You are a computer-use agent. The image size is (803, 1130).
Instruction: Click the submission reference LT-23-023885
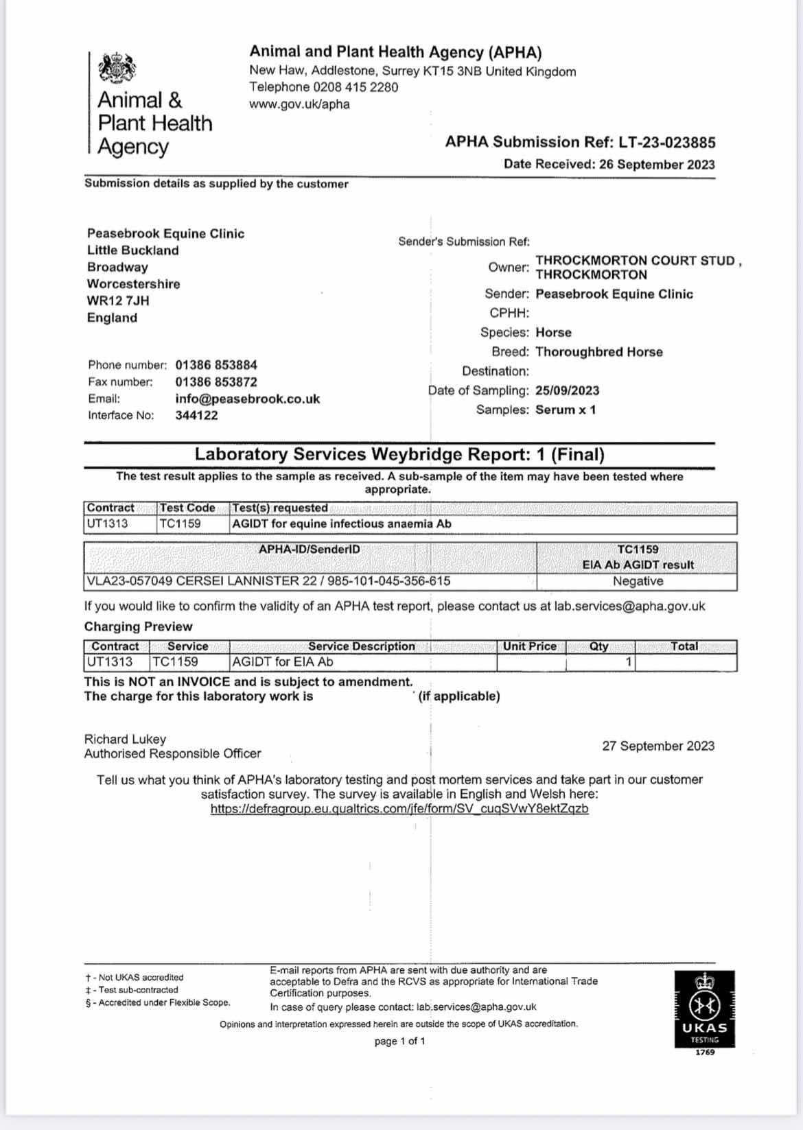click(666, 143)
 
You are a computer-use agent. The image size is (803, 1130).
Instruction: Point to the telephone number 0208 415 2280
click(356, 87)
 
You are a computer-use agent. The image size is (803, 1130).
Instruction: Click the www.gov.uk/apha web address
click(299, 104)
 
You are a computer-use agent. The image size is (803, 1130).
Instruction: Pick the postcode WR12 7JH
click(118, 301)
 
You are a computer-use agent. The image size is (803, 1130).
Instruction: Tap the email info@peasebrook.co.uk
click(247, 399)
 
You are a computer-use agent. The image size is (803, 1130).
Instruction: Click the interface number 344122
click(196, 415)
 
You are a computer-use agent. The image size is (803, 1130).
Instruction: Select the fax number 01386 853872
click(216, 381)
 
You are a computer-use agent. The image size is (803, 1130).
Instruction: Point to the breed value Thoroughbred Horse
click(598, 352)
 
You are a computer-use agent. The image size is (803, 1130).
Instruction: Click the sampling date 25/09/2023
click(567, 390)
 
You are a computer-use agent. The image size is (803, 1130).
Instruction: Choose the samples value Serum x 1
click(566, 410)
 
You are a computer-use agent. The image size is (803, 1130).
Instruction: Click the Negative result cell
click(638, 581)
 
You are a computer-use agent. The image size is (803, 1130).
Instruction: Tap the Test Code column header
click(187, 508)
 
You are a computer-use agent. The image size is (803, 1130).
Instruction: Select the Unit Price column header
click(529, 646)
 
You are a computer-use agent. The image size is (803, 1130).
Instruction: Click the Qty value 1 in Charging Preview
click(627, 662)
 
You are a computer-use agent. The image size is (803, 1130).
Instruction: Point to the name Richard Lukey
click(125, 739)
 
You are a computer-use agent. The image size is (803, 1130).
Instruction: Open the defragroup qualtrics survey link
click(399, 808)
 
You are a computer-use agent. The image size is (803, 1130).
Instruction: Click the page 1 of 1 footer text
click(399, 1041)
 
